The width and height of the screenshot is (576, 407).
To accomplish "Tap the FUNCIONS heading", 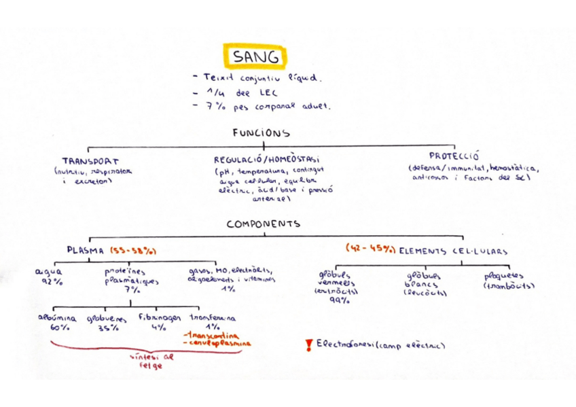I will pyautogui.click(x=261, y=134).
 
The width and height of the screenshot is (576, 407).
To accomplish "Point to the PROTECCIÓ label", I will pyautogui.click(x=454, y=156).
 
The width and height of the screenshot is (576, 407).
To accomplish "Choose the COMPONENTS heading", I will pyautogui.click(x=264, y=224).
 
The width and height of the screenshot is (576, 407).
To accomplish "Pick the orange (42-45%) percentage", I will pyautogui.click(x=370, y=249).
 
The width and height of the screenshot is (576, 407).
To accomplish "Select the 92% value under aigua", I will pyautogui.click(x=51, y=281).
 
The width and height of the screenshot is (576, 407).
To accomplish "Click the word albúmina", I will pyautogui.click(x=56, y=317).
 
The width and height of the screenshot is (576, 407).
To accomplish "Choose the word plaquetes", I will pyautogui.click(x=503, y=277).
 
